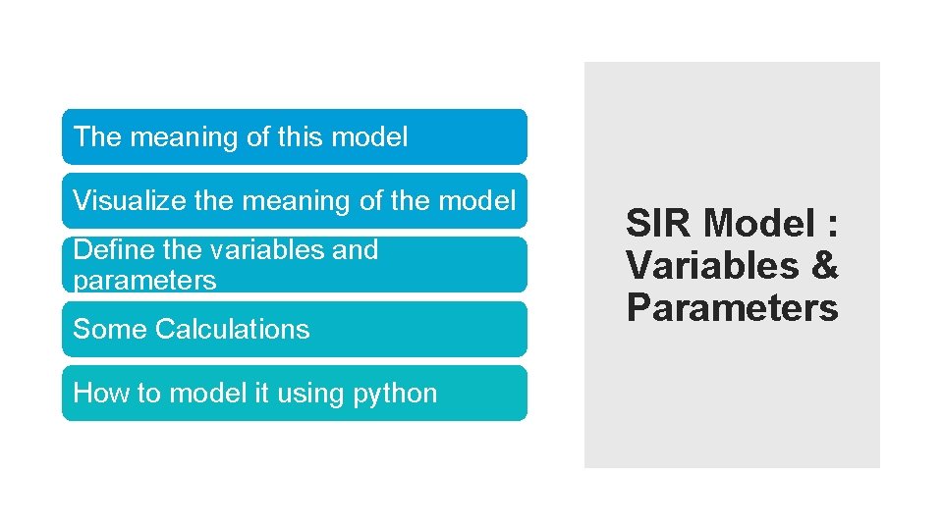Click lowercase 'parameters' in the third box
tap(144, 281)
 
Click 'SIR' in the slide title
tap(660, 224)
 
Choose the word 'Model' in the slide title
tap(758, 224)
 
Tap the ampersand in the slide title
tap(823, 266)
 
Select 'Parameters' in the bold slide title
tap(732, 308)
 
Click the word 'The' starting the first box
tap(96, 137)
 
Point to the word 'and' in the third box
tap(355, 250)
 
